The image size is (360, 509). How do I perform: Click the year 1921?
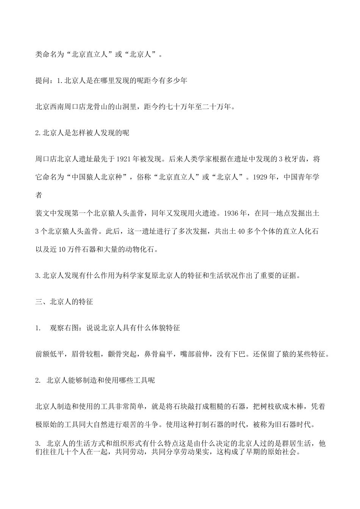(x=121, y=159)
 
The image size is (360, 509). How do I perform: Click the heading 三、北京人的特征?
(x=64, y=302)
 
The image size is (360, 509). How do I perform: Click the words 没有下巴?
(x=231, y=354)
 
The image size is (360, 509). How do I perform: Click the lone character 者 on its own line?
(x=39, y=195)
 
